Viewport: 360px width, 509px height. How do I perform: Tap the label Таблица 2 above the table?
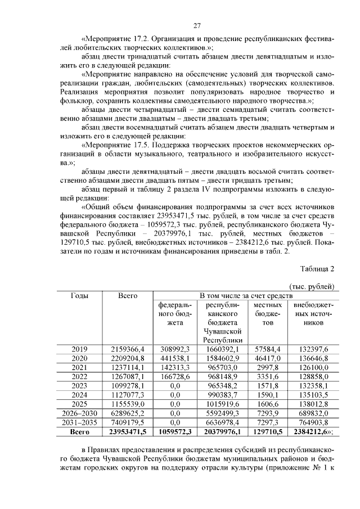(x=318, y=268)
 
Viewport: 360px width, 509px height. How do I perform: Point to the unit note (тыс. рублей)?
(x=312, y=286)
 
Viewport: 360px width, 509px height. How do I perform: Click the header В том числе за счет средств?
(x=245, y=295)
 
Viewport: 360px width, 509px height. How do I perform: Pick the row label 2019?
(x=79, y=349)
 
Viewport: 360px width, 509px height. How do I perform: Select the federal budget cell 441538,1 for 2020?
(x=175, y=358)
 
